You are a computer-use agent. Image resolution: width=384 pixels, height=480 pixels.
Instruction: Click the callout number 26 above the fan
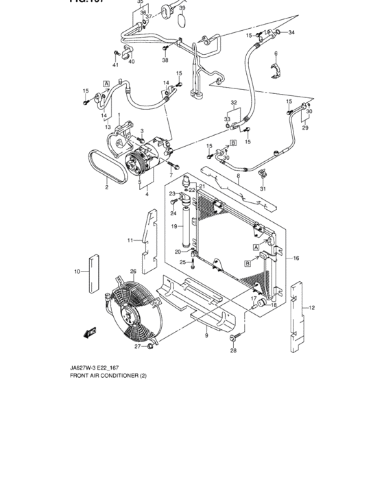tap(133, 271)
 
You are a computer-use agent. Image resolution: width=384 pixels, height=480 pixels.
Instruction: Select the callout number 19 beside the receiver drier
tap(174, 226)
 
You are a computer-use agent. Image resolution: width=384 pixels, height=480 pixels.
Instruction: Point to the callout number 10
tap(77, 272)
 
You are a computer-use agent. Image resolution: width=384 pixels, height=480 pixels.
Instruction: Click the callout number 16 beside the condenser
tap(296, 258)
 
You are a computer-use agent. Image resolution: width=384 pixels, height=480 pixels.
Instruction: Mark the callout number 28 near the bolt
tap(232, 351)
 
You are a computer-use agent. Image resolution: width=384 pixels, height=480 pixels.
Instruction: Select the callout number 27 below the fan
tap(137, 347)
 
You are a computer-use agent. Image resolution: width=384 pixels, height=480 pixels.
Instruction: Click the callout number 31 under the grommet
tap(262, 190)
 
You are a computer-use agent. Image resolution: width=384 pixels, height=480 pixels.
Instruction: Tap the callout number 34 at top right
tap(291, 33)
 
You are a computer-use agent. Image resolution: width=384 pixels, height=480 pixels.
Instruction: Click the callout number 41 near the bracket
tap(116, 65)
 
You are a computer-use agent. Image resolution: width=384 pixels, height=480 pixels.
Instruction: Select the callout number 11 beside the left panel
tap(130, 240)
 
